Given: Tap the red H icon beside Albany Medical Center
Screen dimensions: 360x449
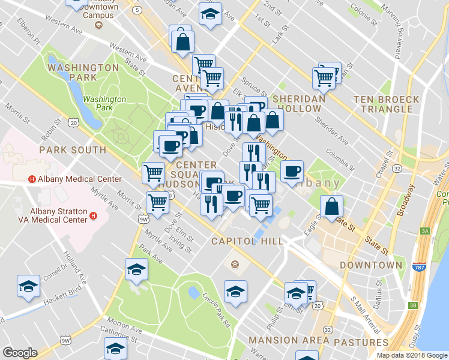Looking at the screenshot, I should tap(32, 179).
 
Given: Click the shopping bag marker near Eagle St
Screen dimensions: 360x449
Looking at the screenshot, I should tap(332, 207).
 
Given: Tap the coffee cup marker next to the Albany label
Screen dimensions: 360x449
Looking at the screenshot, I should tap(292, 172).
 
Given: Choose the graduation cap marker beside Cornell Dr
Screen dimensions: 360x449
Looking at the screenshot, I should tap(28, 287).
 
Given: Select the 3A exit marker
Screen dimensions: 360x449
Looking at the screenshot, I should tap(426, 230).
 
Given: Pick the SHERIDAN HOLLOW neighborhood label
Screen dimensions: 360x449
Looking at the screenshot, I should tap(299, 103).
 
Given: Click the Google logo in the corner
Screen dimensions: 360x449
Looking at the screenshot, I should tap(20, 353).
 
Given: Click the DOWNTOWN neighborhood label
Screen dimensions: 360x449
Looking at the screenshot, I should tap(371, 265).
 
